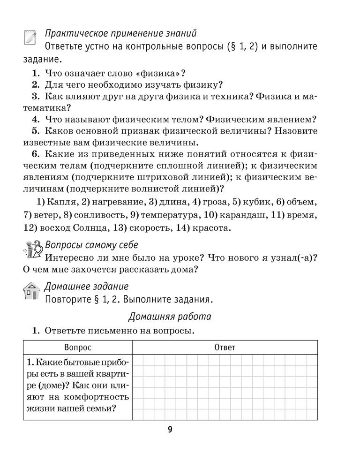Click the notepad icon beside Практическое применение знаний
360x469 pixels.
point(30,38)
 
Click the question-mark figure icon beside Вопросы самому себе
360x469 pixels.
point(31,249)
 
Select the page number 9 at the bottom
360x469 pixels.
point(170,430)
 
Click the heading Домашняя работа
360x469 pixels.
point(170,317)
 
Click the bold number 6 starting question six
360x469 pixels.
point(35,154)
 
